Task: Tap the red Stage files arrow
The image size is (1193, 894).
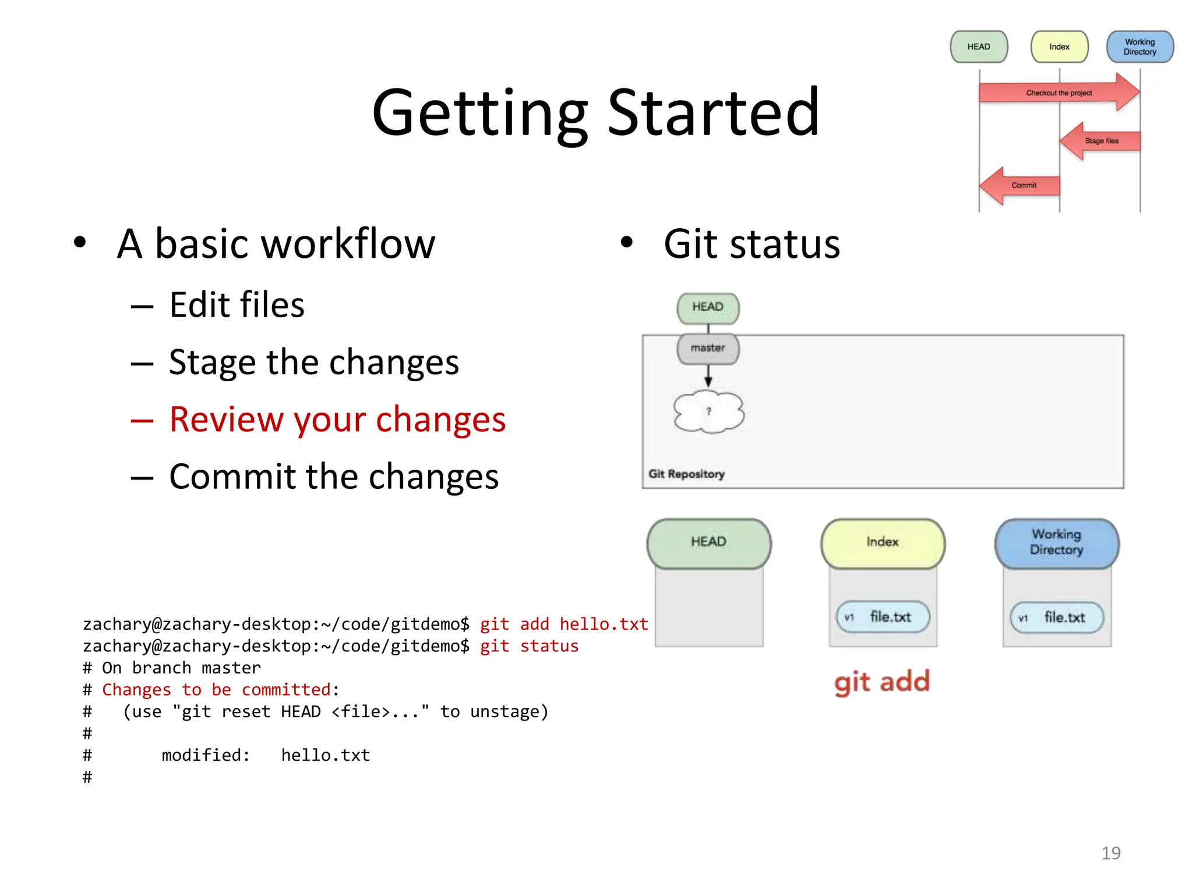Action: [1100, 141]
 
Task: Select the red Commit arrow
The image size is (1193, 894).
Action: [1021, 186]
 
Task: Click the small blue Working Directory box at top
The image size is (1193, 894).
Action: [1139, 47]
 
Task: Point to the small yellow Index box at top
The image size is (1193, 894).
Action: [1059, 47]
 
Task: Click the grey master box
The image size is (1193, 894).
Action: [708, 348]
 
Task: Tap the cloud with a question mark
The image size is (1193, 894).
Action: [708, 411]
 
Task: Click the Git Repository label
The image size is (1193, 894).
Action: [686, 474]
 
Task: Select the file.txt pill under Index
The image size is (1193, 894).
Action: [883, 617]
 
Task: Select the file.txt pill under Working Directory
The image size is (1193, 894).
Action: [1057, 618]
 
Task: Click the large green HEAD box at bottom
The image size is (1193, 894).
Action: [708, 542]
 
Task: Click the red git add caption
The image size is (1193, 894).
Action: [881, 682]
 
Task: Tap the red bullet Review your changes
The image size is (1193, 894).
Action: [337, 419]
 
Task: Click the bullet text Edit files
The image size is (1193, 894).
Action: [237, 305]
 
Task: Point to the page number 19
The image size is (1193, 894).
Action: [1110, 853]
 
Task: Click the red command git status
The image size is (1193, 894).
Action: [529, 646]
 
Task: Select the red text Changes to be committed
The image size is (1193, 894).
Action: [216, 690]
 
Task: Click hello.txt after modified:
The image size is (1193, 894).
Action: [325, 755]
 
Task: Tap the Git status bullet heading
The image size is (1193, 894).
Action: [751, 244]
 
